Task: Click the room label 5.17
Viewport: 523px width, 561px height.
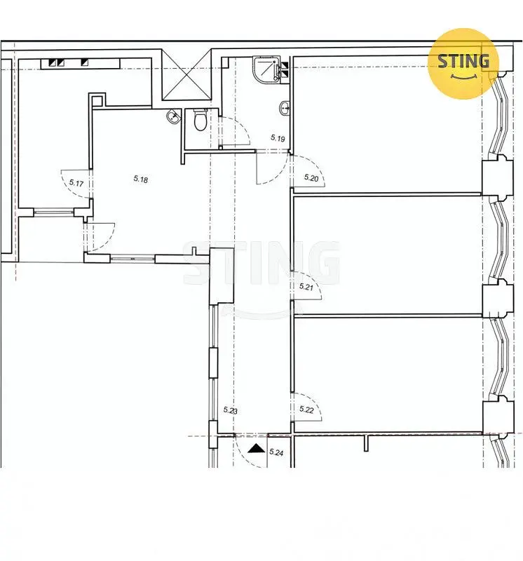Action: [x=76, y=184]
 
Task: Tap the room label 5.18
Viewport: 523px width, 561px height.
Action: [x=141, y=179]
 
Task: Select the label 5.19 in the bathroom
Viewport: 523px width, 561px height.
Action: [x=278, y=137]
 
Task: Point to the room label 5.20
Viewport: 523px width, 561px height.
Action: [x=311, y=177]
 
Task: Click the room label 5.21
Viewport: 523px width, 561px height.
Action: [x=306, y=287]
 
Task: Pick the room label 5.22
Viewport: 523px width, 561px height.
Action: [x=306, y=410]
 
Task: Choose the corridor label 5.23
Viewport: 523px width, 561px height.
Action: [x=231, y=410]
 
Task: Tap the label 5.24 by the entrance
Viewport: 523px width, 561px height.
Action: [x=276, y=452]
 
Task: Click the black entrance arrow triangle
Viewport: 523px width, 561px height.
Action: [x=256, y=448]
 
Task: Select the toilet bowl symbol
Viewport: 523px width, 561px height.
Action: [x=201, y=120]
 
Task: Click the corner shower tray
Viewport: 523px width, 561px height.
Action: [x=267, y=69]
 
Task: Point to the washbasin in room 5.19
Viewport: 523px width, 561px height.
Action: [x=285, y=108]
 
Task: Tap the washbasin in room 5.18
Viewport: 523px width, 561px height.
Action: [x=173, y=116]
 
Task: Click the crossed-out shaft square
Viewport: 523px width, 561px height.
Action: [x=187, y=75]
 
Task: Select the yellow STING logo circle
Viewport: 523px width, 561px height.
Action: [x=463, y=64]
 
